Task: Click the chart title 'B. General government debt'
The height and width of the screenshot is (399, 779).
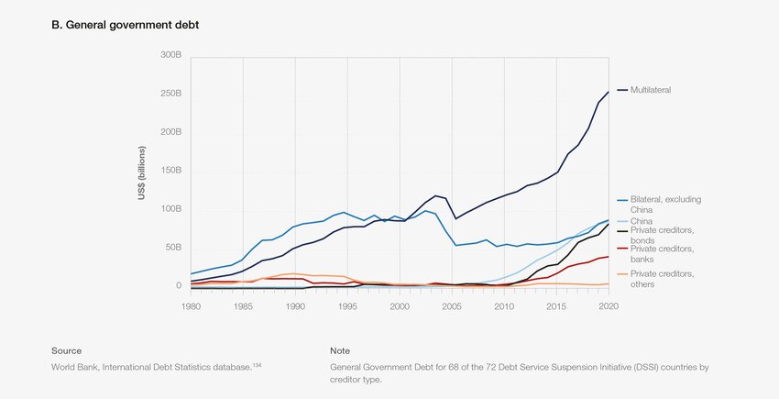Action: click(125, 25)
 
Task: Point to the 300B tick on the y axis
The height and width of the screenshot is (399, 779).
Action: click(170, 55)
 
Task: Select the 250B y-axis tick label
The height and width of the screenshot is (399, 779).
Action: click(170, 94)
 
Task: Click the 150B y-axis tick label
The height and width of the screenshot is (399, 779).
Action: click(170, 171)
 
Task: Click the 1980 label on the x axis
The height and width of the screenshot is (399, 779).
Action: click(191, 305)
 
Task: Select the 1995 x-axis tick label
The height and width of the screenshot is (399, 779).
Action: click(347, 305)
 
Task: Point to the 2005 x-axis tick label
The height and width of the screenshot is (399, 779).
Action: click(452, 305)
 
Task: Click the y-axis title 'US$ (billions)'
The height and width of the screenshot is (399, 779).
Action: click(143, 172)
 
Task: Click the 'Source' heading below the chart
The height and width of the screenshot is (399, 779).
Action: click(66, 350)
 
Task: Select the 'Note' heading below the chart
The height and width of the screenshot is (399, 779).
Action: click(340, 350)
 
